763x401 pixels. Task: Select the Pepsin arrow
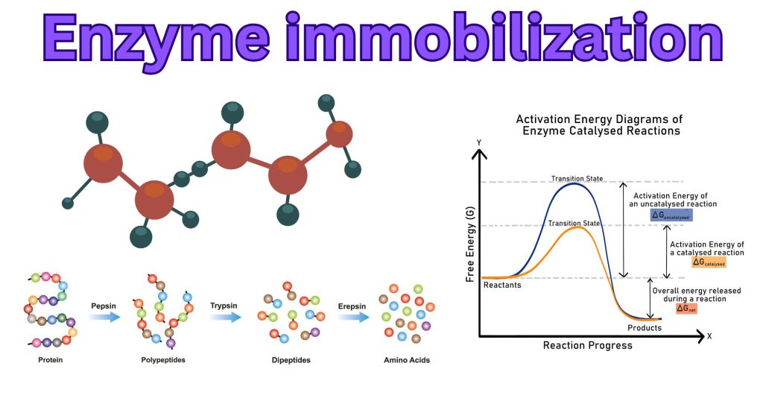point(104,316)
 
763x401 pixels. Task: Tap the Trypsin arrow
point(224,316)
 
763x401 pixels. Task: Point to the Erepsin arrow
point(353,316)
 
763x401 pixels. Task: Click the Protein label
point(48,360)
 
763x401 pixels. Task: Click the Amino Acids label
point(406,360)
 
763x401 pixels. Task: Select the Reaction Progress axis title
point(587,345)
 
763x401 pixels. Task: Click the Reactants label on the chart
point(502,285)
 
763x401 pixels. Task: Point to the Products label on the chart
point(644,327)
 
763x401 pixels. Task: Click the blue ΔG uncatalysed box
point(671,215)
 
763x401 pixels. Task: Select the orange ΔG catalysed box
point(709,262)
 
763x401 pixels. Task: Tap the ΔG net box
point(686,308)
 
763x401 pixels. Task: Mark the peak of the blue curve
point(573,183)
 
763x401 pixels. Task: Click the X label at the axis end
point(709,336)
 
